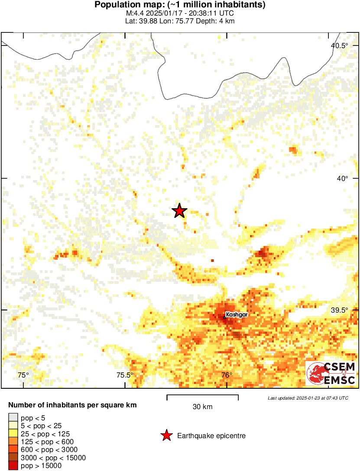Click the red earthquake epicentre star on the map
tap(179, 211)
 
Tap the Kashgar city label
tap(237, 315)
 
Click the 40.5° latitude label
tap(339, 46)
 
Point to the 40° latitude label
tap(343, 178)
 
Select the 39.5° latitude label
tap(339, 310)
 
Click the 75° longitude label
tap(23, 375)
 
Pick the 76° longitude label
tap(227, 375)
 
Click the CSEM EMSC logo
tap(331, 373)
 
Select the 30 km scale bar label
tap(202, 407)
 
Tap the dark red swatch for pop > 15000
tap(13, 466)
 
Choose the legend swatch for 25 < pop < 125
tap(13, 434)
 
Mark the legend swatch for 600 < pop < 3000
tap(13, 450)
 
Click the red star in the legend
tap(166, 436)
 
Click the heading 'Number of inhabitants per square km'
tap(73, 406)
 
